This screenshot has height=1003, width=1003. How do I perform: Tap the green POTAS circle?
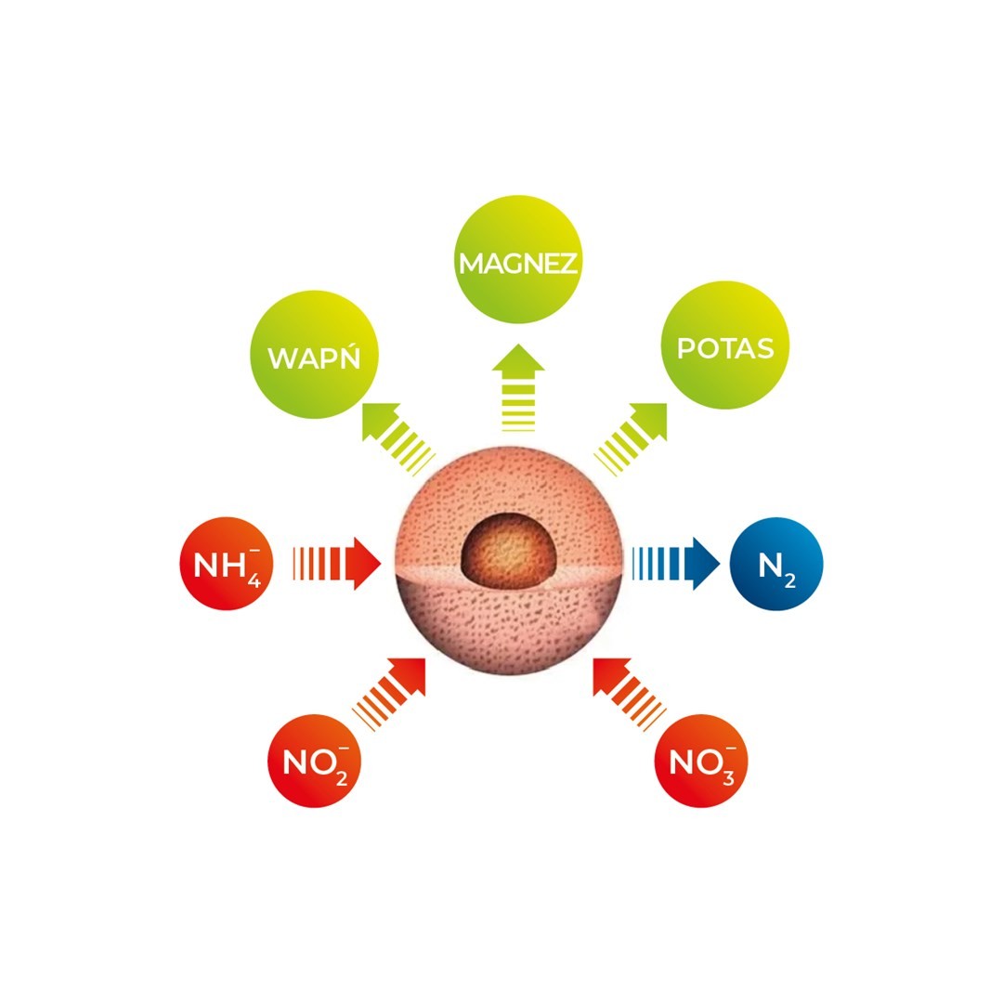pos(724,349)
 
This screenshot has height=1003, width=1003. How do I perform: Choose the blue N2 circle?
pos(776,564)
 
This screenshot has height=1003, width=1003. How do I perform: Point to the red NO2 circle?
pos(313,766)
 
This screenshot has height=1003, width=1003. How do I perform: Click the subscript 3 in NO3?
pos(727,777)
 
